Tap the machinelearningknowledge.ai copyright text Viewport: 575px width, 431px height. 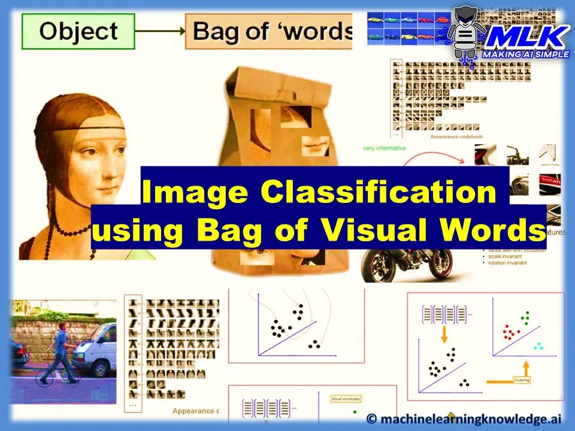tap(467, 418)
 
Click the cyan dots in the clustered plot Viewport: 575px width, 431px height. tap(538, 346)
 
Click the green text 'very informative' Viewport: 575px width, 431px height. tap(385, 148)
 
